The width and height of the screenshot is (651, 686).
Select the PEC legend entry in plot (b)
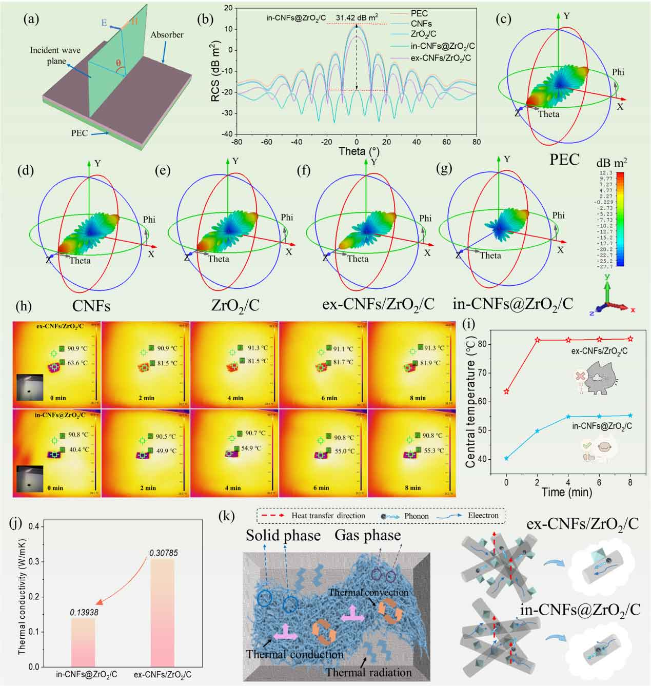click(x=419, y=13)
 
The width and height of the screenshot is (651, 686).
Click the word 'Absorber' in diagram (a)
click(x=167, y=35)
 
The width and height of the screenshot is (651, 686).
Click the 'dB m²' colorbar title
click(x=611, y=163)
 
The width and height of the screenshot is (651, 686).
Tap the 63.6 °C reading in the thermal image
click(x=77, y=363)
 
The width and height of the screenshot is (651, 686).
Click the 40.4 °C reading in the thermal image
click(x=77, y=450)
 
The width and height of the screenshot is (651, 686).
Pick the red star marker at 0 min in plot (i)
click(x=507, y=391)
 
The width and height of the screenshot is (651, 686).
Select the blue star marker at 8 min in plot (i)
click(x=630, y=416)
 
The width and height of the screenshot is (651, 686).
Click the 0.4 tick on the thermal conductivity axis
click(x=34, y=526)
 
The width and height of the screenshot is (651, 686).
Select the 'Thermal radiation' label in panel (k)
click(x=368, y=672)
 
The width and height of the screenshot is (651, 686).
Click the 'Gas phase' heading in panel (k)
click(x=367, y=536)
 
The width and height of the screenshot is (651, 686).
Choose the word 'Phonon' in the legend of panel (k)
click(x=417, y=516)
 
